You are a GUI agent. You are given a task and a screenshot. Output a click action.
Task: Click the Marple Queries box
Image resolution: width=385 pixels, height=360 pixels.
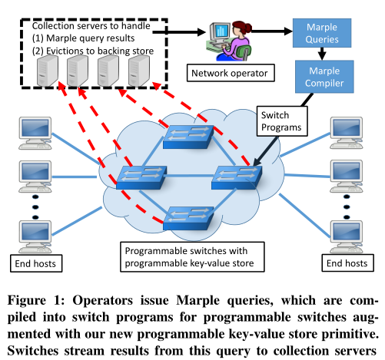322,33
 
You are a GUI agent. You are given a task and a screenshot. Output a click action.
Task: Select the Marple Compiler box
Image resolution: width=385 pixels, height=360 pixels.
324,77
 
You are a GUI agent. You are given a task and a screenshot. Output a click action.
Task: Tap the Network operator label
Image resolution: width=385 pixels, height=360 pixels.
231,73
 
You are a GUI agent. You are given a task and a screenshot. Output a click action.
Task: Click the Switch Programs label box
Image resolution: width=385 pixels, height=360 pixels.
282,121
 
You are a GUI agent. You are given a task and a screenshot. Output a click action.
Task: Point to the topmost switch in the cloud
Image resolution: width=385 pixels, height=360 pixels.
188,137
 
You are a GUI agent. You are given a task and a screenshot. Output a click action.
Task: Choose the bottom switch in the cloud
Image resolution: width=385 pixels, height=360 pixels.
188,218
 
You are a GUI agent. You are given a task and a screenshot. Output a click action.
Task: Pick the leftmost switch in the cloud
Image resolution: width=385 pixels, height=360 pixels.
141,177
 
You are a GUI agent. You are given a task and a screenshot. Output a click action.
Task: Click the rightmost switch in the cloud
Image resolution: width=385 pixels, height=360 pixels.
237,177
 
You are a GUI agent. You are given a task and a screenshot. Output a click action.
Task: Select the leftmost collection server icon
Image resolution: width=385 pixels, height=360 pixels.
48,71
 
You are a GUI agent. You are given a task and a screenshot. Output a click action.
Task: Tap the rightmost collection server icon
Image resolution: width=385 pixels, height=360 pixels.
139,71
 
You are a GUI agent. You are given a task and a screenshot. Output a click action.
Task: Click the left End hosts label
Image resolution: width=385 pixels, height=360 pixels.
36,263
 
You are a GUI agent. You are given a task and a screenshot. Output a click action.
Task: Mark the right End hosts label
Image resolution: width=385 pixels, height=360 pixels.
347,263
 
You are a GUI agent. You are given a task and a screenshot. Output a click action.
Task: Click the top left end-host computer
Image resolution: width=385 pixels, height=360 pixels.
35,133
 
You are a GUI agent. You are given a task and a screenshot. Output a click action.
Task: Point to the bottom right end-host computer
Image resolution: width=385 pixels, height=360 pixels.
347,237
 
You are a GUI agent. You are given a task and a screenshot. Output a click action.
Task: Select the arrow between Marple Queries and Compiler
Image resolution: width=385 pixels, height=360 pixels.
322,54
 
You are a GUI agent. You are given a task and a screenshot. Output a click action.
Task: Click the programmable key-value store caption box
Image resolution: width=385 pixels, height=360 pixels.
192,257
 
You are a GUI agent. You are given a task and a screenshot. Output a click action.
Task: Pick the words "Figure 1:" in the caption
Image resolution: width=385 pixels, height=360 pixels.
36,300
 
